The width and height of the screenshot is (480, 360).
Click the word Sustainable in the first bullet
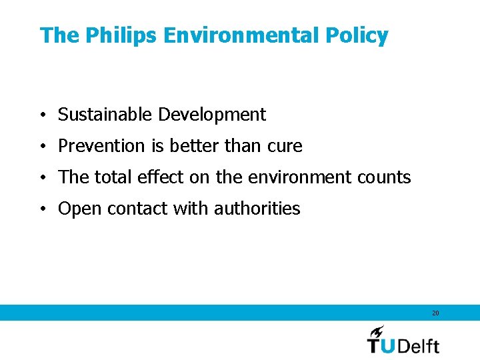click(105, 115)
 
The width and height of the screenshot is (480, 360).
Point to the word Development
click(212, 115)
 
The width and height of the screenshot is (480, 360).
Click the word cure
click(285, 146)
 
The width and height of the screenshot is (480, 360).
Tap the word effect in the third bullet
click(157, 177)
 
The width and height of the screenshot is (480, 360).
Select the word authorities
click(257, 209)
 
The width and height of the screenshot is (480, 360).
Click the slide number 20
click(435, 313)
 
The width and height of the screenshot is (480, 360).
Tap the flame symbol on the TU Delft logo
click(377, 332)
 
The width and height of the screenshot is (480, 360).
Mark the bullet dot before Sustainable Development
click(42, 115)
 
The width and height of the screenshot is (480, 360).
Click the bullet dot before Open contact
click(42, 209)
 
